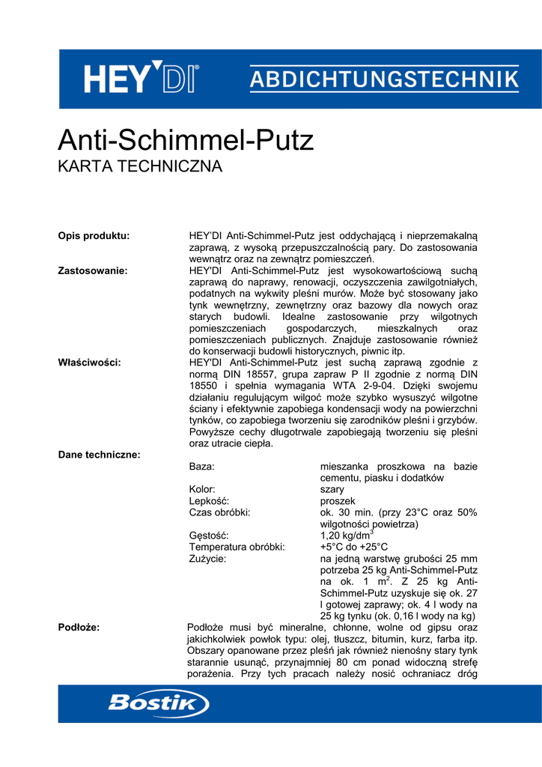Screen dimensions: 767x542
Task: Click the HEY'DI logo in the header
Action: point(141,79)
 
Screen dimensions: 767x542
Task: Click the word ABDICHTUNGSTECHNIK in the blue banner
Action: point(383,79)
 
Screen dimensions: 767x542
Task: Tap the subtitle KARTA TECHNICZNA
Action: point(140,166)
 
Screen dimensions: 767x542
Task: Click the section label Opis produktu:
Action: point(94,236)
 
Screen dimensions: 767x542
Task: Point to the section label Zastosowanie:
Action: point(92,270)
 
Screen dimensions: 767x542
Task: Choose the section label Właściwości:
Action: point(89,363)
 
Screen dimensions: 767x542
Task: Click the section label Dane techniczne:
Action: point(99,455)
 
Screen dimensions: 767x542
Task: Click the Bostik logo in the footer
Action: point(158,703)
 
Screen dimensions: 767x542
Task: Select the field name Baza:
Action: point(201,467)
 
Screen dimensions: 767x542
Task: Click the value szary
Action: point(332,490)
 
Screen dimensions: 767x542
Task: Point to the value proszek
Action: point(338,501)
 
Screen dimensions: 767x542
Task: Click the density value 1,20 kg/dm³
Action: point(347,536)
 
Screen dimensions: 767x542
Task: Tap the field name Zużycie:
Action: point(207,559)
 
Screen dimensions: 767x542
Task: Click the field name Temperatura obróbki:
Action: point(237,548)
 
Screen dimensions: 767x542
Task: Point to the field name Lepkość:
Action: point(209,501)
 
